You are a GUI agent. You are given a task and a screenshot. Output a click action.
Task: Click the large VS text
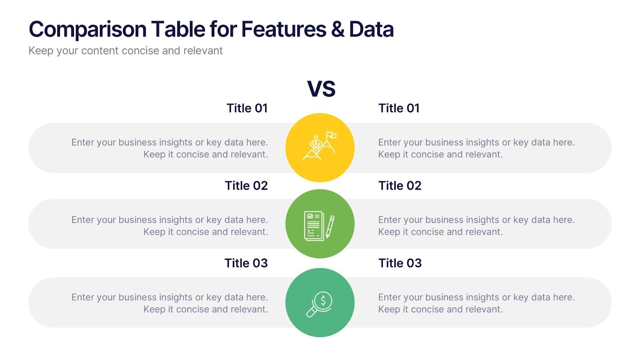tap(321, 88)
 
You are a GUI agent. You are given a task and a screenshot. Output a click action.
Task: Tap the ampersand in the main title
tap(338, 30)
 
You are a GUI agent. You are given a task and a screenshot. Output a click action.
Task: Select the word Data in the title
tap(372, 30)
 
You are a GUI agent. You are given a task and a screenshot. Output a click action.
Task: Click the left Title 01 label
tap(247, 108)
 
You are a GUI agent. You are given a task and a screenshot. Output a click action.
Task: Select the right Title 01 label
tap(399, 108)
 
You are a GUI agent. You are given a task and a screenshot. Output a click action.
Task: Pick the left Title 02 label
tap(246, 186)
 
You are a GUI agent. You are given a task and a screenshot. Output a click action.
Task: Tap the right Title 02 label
tap(400, 186)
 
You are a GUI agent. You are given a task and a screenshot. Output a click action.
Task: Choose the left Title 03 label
tap(246, 263)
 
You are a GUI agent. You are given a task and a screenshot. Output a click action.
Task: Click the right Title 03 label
tap(400, 263)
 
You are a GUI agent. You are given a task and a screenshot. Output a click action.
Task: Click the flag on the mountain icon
tap(332, 135)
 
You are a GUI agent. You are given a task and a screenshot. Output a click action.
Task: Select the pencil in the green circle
tap(330, 227)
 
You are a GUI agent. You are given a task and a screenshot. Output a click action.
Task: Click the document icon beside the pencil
tap(314, 226)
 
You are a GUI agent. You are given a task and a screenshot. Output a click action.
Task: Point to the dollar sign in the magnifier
tap(323, 300)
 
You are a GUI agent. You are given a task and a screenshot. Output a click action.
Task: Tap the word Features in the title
tap(284, 30)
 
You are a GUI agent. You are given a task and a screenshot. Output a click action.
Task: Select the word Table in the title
tap(178, 30)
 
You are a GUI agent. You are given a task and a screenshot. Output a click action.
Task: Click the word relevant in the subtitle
tap(203, 51)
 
